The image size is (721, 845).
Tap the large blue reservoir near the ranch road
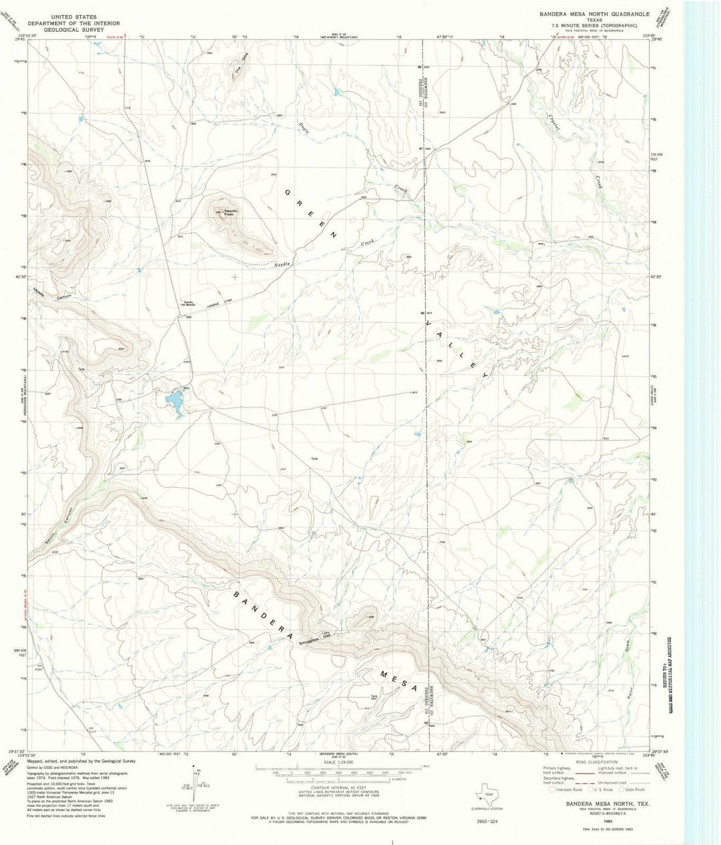174,403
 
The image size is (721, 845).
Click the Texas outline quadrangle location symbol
485,796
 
